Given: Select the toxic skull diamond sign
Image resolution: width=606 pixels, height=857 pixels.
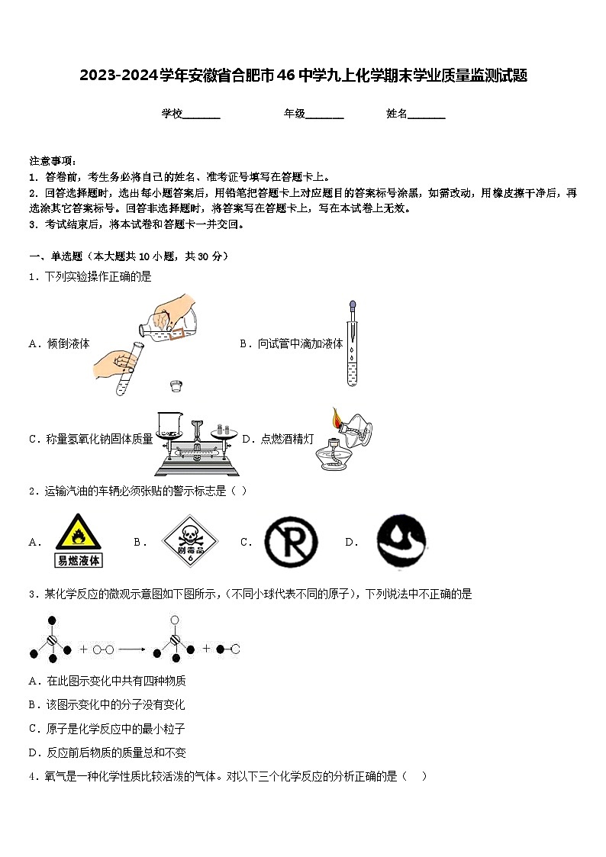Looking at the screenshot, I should click(190, 541).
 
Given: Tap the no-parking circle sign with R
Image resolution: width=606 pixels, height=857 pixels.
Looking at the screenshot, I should click(290, 542).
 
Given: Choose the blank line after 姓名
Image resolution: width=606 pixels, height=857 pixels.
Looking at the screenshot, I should click(427, 114).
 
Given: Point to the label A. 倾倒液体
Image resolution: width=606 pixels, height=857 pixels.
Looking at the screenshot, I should click(59, 343).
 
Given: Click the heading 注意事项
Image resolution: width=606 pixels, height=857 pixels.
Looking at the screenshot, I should click(53, 161).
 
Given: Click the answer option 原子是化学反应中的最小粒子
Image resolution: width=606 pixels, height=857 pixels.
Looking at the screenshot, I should click(107, 729).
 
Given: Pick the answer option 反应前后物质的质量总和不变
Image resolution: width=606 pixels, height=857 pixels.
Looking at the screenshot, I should click(107, 752).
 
